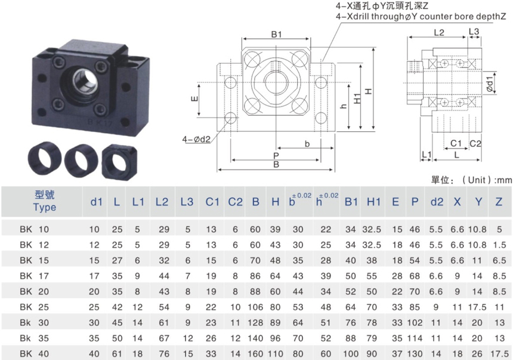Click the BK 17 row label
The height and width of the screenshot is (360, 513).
click(34, 276)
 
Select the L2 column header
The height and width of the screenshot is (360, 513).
click(162, 202)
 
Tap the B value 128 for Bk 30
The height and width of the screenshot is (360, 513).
click(255, 322)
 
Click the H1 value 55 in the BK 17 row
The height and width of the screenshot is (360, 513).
click(372, 276)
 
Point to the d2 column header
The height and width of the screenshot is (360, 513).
click(437, 202)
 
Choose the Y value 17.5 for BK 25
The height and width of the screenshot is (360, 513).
click(477, 307)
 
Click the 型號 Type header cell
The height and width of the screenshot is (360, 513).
click(45, 201)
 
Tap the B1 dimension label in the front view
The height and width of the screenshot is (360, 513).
click(276, 34)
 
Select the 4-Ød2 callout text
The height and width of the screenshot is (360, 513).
click(196, 140)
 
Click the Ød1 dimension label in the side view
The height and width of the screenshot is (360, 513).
click(490, 84)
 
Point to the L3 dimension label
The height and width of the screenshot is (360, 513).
click(474, 32)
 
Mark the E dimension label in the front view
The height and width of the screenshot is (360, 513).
click(194, 99)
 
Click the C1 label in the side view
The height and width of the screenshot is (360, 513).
click(456, 143)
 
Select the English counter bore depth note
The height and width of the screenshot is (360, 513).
click(421, 16)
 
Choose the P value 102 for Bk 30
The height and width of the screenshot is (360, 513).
click(415, 322)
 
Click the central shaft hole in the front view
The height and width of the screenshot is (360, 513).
click(276, 82)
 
